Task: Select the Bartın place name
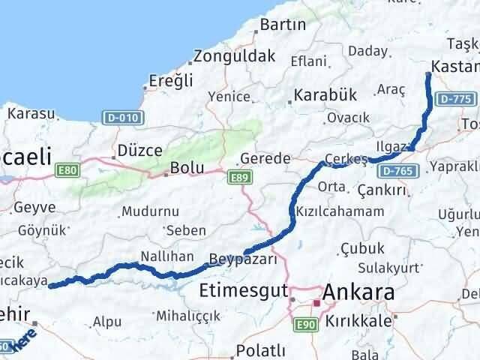coord(282,25)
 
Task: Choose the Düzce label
coord(140,150)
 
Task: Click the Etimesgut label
coord(243,289)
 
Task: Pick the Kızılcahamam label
coord(340,211)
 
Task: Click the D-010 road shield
coord(121,117)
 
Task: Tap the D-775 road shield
coord(454,98)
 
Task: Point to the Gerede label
coord(265,159)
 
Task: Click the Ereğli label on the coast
coord(171,81)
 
